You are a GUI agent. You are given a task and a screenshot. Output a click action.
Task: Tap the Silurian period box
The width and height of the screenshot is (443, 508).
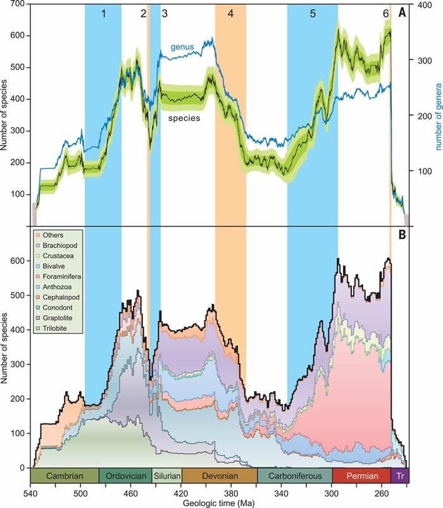click(166, 476)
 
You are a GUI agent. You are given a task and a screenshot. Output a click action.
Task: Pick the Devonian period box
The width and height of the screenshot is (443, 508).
click(220, 476)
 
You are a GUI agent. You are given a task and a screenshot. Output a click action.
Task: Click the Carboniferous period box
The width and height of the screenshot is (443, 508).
click(295, 476)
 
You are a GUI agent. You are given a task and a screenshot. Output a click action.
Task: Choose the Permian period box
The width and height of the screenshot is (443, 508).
click(361, 476)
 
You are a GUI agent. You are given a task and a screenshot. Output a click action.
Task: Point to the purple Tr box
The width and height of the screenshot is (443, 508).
click(400, 476)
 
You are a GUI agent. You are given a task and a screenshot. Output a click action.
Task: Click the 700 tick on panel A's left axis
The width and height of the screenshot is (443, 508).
click(17, 4)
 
